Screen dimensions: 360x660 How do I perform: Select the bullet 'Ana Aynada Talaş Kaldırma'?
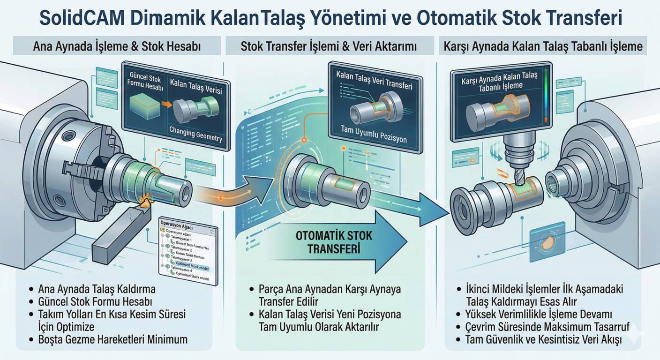[x=97, y=289]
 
